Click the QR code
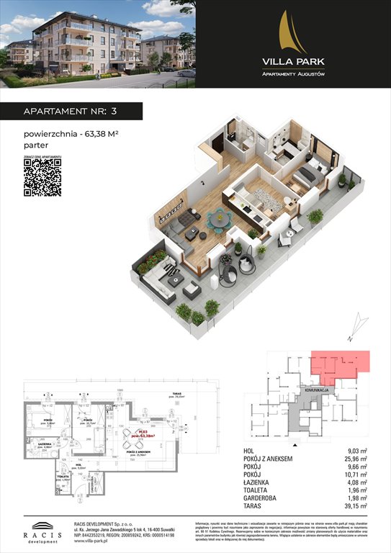[x=42, y=176]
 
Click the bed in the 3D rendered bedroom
[x=309, y=176]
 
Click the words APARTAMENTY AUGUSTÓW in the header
[x=292, y=75]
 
